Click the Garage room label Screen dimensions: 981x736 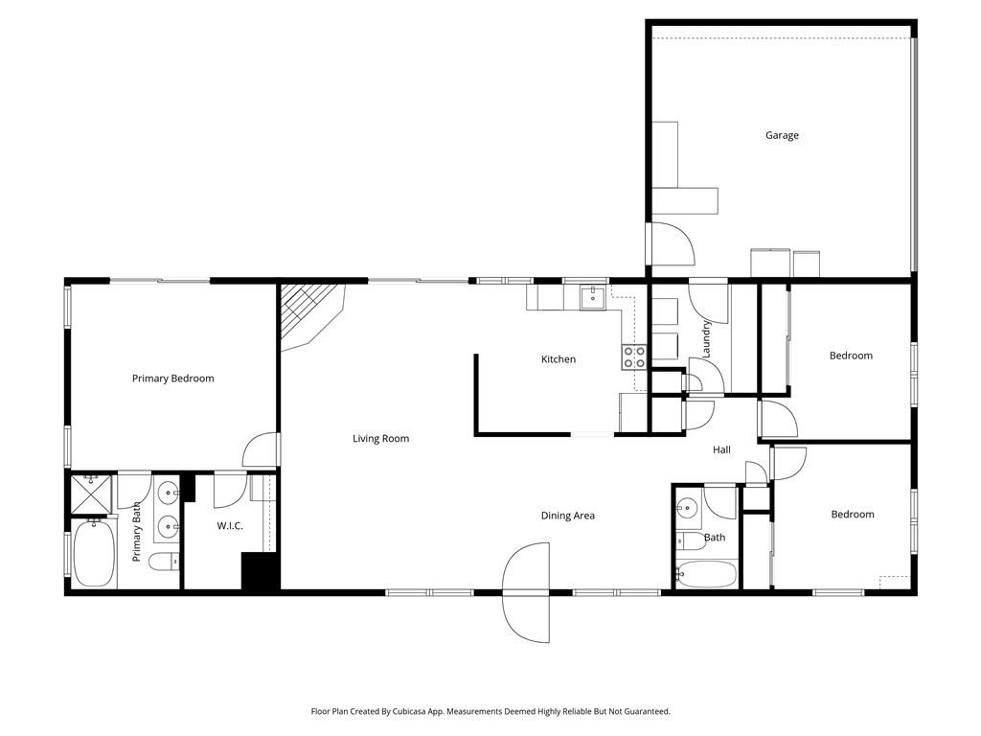click(782, 135)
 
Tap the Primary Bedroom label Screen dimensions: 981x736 click(172, 378)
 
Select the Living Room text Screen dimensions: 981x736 click(380, 438)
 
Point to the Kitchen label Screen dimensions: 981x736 click(559, 359)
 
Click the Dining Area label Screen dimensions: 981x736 click(567, 516)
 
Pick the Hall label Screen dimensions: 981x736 click(721, 449)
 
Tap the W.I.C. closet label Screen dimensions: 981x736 click(230, 526)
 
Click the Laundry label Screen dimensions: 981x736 click(706, 338)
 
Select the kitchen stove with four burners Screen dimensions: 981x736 click(634, 356)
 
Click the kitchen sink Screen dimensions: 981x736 click(592, 298)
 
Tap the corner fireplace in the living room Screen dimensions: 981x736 click(312, 316)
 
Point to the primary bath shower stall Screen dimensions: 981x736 click(91, 494)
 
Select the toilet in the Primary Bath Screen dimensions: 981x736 click(164, 562)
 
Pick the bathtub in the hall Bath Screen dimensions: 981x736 click(706, 574)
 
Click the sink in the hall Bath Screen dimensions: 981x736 click(688, 508)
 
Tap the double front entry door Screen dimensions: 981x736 click(526, 592)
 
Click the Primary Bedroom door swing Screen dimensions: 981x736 click(260, 450)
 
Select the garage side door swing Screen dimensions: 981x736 click(673, 244)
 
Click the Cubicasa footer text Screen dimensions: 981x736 click(490, 711)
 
